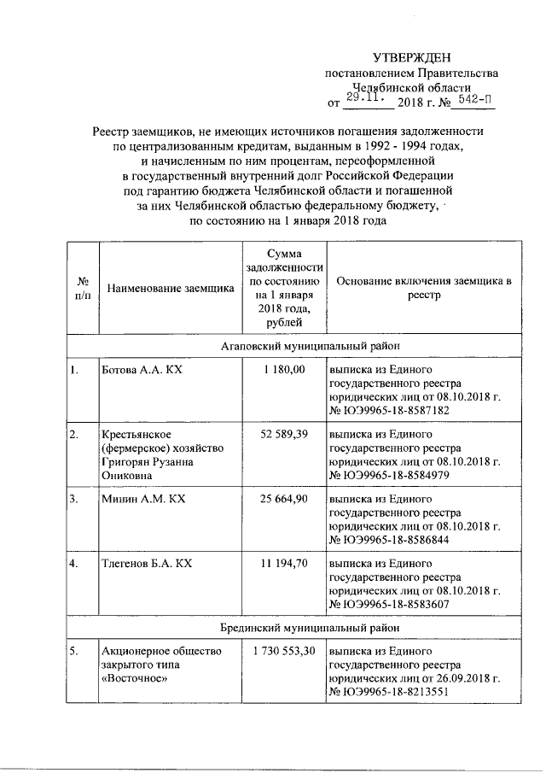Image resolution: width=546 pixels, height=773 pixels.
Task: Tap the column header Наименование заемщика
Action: [x=169, y=288]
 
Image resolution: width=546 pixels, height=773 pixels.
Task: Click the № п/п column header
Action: [x=84, y=288]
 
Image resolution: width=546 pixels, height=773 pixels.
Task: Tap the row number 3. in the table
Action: [x=76, y=500]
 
